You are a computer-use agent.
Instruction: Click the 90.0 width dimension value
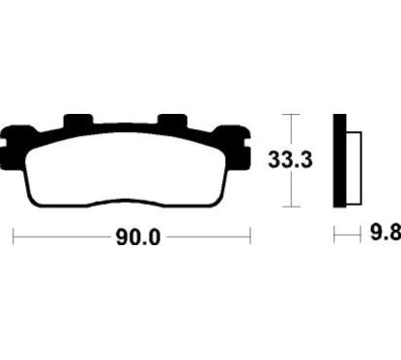[138, 238]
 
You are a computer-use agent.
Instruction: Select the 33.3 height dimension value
[290, 159]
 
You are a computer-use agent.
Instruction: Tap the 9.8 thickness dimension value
[386, 233]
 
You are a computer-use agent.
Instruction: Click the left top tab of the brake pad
[78, 121]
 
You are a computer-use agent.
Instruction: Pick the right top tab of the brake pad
[172, 121]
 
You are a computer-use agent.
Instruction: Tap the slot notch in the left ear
[3, 144]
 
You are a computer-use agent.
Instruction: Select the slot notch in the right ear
[247, 144]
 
